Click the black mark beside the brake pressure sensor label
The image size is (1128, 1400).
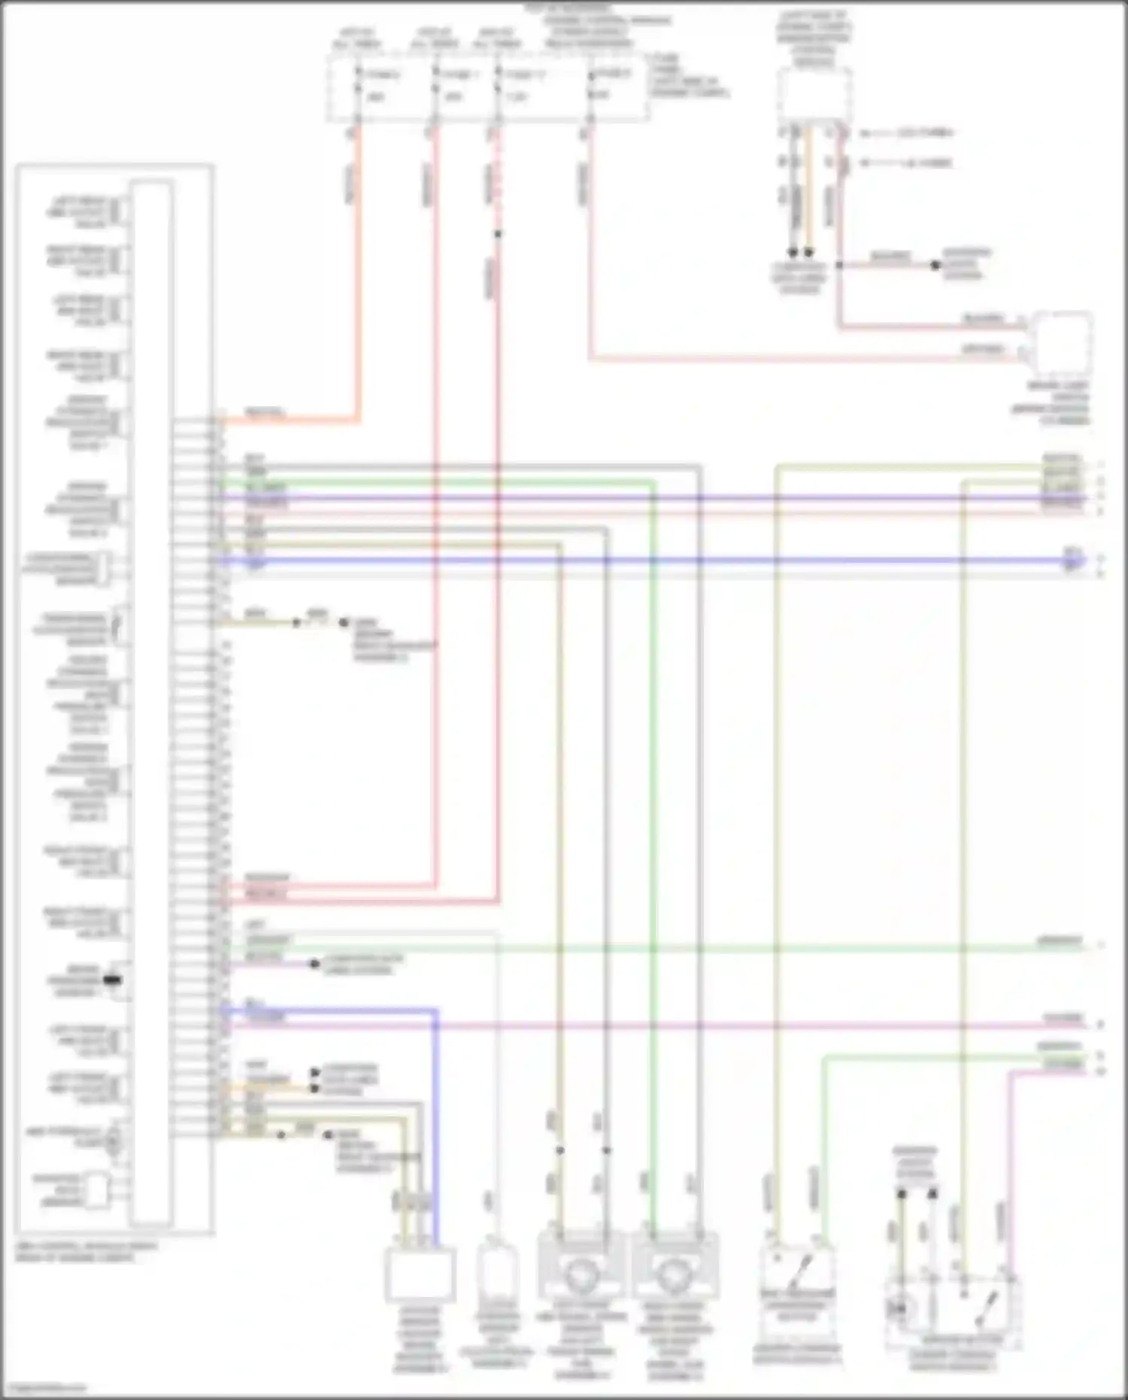point(113,980)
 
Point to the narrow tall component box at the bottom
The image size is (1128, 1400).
point(496,1273)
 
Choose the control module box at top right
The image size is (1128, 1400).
point(814,94)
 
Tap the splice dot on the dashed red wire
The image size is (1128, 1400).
point(497,234)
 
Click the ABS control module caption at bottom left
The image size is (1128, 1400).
point(86,1251)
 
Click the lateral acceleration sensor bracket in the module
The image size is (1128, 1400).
point(105,569)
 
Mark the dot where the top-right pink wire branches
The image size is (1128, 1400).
point(838,266)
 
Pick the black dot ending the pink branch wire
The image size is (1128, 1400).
point(935,266)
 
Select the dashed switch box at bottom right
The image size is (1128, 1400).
point(954,1313)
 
